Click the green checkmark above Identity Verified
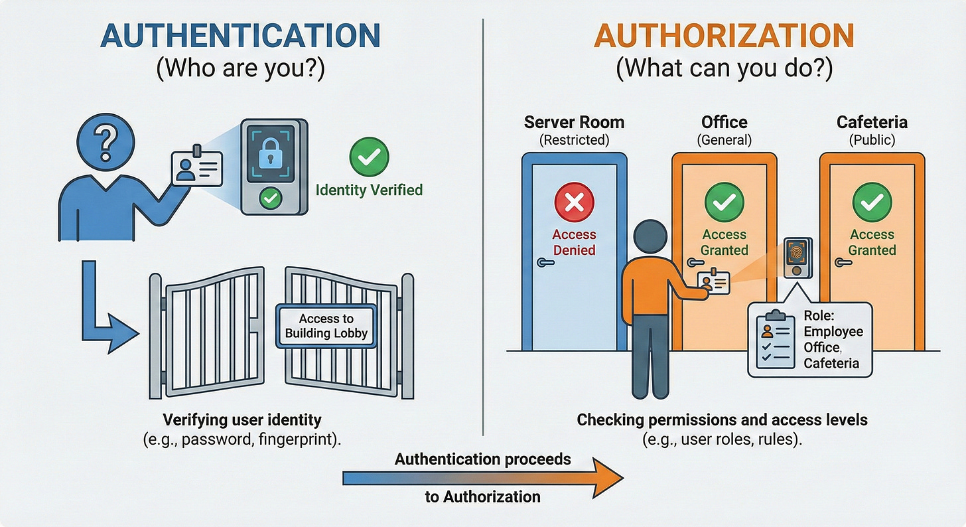pyautogui.click(x=369, y=157)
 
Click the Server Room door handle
pyautogui.click(x=545, y=263)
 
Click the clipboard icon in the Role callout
pyautogui.click(x=776, y=339)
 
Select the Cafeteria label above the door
pyautogui.click(x=872, y=123)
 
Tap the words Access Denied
pyautogui.click(x=574, y=242)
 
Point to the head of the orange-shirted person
pyautogui.click(x=647, y=238)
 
